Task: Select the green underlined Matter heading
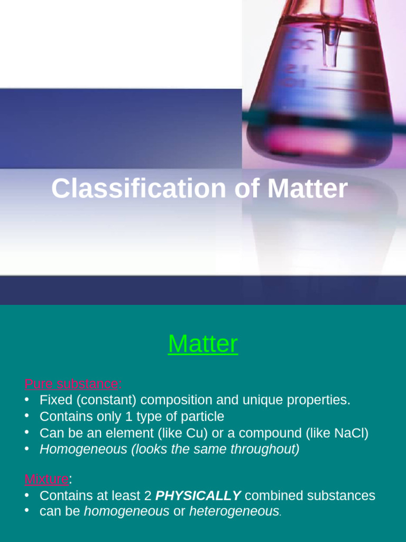pos(203,344)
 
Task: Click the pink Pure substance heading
pos(71,383)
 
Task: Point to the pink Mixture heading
pos(47,480)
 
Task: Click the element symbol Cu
pos(196,433)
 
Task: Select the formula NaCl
pos(350,433)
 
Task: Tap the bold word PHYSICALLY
pos(198,496)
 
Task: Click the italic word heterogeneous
pos(234,512)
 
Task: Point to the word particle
pos(201,417)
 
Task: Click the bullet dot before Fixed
pos(27,399)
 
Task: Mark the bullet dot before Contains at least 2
pos(27,495)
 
